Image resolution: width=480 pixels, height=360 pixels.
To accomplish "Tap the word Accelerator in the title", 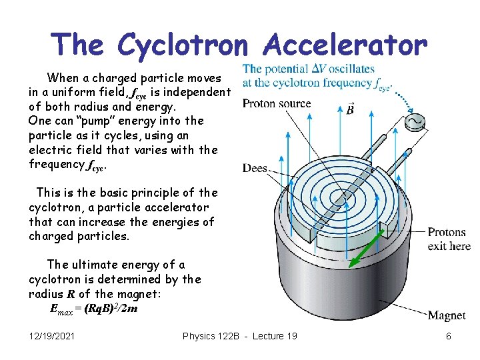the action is coord(345,45).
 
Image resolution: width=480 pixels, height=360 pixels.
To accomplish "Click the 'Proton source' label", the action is coord(277,103).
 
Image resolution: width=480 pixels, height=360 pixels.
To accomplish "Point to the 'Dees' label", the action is coord(255,168).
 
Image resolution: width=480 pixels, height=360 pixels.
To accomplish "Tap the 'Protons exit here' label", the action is coord(449,239).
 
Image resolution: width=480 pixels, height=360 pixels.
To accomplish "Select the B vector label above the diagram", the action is coord(350,108).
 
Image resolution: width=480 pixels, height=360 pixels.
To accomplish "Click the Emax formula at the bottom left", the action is coord(94,309).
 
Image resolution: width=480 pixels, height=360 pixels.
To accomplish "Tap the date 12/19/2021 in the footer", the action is coord(52,336).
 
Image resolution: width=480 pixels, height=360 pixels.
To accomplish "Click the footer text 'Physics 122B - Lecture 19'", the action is coord(240,336).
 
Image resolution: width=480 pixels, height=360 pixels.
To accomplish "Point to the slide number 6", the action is coord(449,336).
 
